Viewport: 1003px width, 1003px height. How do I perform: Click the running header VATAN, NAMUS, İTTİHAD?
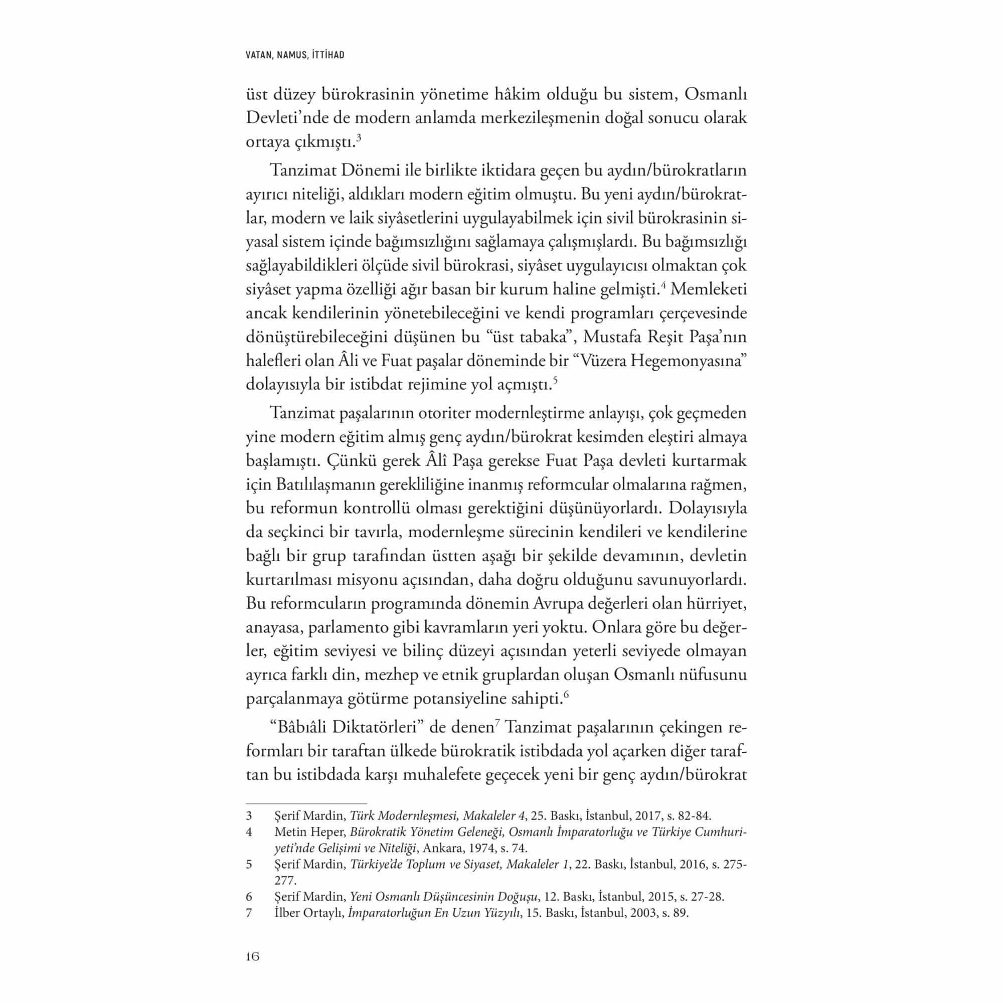(x=295, y=55)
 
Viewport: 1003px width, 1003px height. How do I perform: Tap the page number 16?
(x=252, y=956)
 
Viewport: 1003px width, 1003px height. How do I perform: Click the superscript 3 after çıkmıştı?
(x=359, y=137)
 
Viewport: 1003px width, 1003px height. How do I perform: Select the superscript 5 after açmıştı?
(x=555, y=381)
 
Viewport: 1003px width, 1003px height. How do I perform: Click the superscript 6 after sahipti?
(x=566, y=695)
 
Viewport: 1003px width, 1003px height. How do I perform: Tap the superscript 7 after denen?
(x=497, y=723)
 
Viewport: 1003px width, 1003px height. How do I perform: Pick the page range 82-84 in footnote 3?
(x=695, y=815)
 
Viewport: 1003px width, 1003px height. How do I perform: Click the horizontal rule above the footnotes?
(x=306, y=802)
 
